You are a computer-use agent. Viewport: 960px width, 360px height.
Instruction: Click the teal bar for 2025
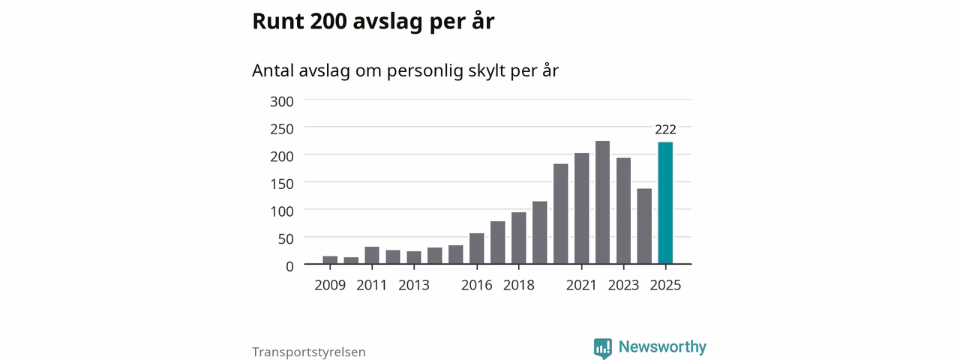[x=665, y=202]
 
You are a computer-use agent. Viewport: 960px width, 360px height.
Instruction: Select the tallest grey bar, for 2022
[x=602, y=202]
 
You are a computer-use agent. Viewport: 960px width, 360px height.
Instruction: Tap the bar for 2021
[x=581, y=208]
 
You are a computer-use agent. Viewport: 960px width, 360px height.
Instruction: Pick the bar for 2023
[x=623, y=211]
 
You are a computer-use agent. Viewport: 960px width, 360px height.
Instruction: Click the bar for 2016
[x=476, y=248]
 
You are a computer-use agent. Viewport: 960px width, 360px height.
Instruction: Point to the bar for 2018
[x=518, y=238]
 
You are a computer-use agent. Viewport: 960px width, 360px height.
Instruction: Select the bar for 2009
[x=330, y=259]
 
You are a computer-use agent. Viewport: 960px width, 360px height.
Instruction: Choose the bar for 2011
[x=372, y=255]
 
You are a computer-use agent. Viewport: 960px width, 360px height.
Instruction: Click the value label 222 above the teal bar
[x=665, y=130]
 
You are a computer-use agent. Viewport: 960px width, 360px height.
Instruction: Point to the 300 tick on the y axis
[x=281, y=101]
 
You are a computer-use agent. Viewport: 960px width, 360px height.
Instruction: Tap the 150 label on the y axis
[x=281, y=184]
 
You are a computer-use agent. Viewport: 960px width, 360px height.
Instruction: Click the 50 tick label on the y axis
[x=286, y=238]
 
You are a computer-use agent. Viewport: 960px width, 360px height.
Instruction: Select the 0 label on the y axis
[x=289, y=266]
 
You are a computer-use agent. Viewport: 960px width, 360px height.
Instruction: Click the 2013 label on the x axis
[x=413, y=285]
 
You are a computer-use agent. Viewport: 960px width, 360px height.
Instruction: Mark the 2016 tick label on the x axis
[x=476, y=285]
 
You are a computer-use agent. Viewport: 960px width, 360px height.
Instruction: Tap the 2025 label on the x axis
[x=665, y=285]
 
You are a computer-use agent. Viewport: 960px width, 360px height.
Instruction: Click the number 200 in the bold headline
[x=328, y=21]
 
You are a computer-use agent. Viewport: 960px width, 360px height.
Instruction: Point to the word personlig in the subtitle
[x=424, y=71]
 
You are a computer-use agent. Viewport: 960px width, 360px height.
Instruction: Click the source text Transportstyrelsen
[x=308, y=352]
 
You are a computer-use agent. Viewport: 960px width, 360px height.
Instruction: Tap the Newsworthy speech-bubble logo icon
[x=602, y=348]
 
